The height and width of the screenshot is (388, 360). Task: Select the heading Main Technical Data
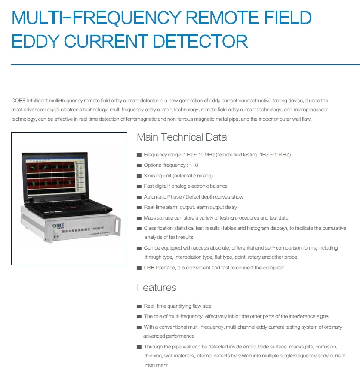(182, 137)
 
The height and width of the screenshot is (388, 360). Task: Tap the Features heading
(157, 287)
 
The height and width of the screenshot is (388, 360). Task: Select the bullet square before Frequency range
(139, 155)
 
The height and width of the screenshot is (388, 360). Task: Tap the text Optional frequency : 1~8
(171, 165)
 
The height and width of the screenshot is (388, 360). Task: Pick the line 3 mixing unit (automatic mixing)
(178, 176)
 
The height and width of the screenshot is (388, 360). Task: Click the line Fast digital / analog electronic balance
(185, 186)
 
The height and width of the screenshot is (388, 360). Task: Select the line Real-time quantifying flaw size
(178, 306)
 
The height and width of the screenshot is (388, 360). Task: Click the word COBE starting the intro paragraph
(18, 101)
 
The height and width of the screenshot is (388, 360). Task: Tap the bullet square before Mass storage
(139, 218)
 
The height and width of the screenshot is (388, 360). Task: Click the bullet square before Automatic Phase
(139, 197)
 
